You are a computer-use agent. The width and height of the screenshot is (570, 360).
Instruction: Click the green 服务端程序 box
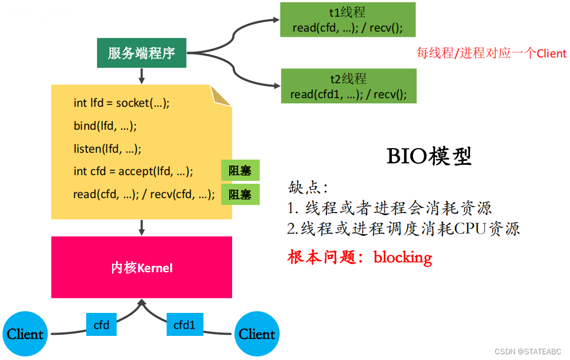point(141,53)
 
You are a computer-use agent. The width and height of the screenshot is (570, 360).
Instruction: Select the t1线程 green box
point(348,20)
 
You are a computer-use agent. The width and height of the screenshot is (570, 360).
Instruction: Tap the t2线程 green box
point(348,86)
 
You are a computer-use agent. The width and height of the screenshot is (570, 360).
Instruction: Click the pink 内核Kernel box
point(141,268)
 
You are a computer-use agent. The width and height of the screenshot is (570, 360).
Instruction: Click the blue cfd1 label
point(184,325)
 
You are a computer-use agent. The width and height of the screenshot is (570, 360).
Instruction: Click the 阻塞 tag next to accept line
point(240,171)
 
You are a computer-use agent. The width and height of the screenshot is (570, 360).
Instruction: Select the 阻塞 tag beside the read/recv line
point(240,195)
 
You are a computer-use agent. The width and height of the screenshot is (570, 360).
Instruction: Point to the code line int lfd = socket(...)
point(122,103)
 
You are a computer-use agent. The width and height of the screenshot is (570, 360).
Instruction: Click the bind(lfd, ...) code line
point(105,126)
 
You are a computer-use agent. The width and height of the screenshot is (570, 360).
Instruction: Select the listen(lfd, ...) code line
point(107,149)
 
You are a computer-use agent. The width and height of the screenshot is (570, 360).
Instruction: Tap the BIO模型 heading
point(429,156)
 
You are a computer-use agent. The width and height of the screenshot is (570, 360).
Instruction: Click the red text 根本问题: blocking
point(360,257)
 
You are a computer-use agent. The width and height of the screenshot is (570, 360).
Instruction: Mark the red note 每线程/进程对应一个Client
point(491,53)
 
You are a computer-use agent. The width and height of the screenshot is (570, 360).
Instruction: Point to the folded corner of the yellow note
point(221,96)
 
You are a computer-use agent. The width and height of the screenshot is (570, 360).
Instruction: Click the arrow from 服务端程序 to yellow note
point(141,76)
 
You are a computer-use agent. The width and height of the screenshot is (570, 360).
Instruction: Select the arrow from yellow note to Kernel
point(141,227)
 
